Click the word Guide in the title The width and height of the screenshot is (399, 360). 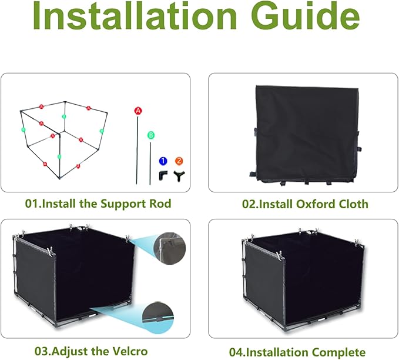click(306, 16)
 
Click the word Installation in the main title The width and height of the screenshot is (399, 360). click(135, 16)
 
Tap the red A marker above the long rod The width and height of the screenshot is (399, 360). click(138, 111)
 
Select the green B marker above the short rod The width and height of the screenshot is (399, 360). click(151, 135)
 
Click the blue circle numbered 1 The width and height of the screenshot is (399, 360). click(163, 161)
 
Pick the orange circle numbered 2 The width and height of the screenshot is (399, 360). click(179, 161)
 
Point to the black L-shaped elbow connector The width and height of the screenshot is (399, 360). click(162, 175)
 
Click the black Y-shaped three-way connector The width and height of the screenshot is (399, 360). click(179, 176)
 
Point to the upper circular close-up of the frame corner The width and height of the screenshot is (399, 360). click(170, 248)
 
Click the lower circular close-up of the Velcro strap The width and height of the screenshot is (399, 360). click(158, 317)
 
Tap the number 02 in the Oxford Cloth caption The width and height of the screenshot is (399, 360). click(249, 204)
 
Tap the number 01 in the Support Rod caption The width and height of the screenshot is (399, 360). click(31, 204)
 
